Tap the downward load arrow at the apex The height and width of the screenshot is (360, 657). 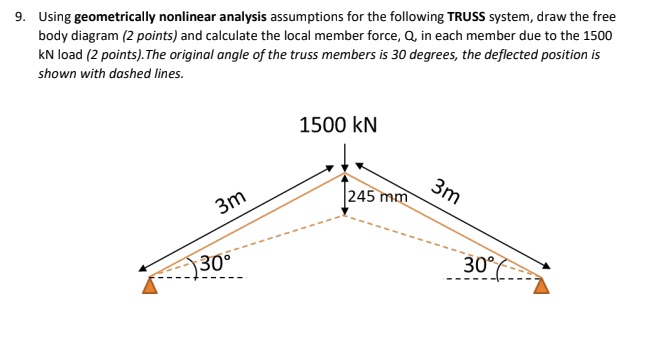(344, 154)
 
